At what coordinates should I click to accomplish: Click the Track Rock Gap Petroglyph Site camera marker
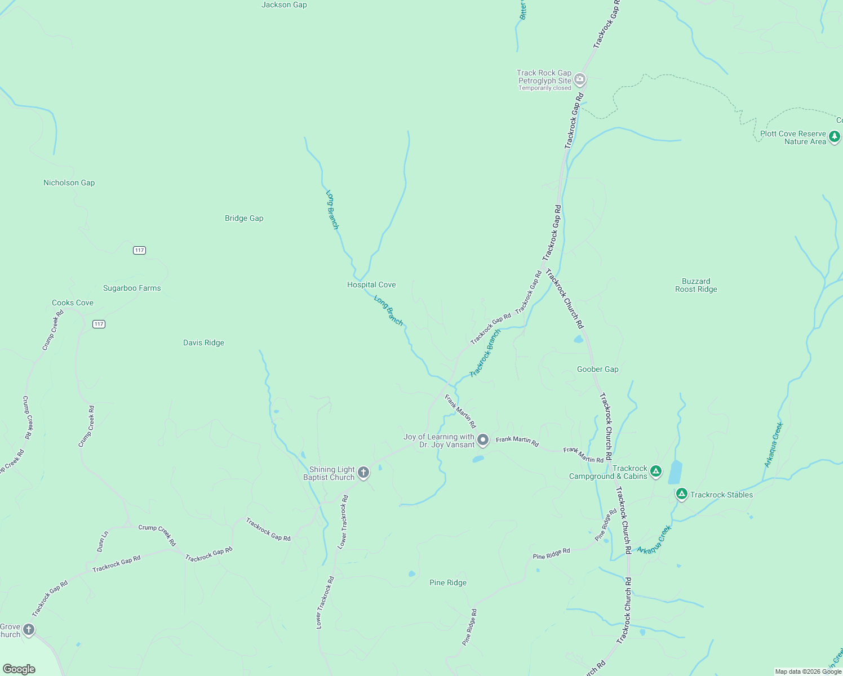point(580,80)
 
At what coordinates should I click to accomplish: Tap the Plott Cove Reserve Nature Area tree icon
point(835,136)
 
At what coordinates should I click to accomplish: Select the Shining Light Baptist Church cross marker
point(363,473)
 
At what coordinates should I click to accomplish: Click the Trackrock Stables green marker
point(681,494)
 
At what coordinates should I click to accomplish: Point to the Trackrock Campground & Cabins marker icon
point(655,471)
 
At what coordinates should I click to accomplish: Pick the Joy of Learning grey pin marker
point(483,440)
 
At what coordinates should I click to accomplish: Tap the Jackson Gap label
point(284,5)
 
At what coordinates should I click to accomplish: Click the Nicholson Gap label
point(69,183)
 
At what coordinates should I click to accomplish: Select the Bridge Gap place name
point(244,218)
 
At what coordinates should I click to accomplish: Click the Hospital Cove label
point(371,284)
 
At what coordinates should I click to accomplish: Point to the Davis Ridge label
point(203,343)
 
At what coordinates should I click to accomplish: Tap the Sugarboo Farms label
point(132,288)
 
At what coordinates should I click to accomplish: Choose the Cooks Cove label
point(73,303)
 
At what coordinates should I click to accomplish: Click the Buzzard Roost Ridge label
point(696,285)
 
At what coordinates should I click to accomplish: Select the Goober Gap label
point(597,369)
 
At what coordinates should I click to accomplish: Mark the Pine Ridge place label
point(448,582)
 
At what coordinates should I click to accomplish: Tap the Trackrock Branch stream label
point(485,353)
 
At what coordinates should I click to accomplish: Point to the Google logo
point(19,669)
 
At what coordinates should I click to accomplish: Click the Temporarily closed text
point(544,88)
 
